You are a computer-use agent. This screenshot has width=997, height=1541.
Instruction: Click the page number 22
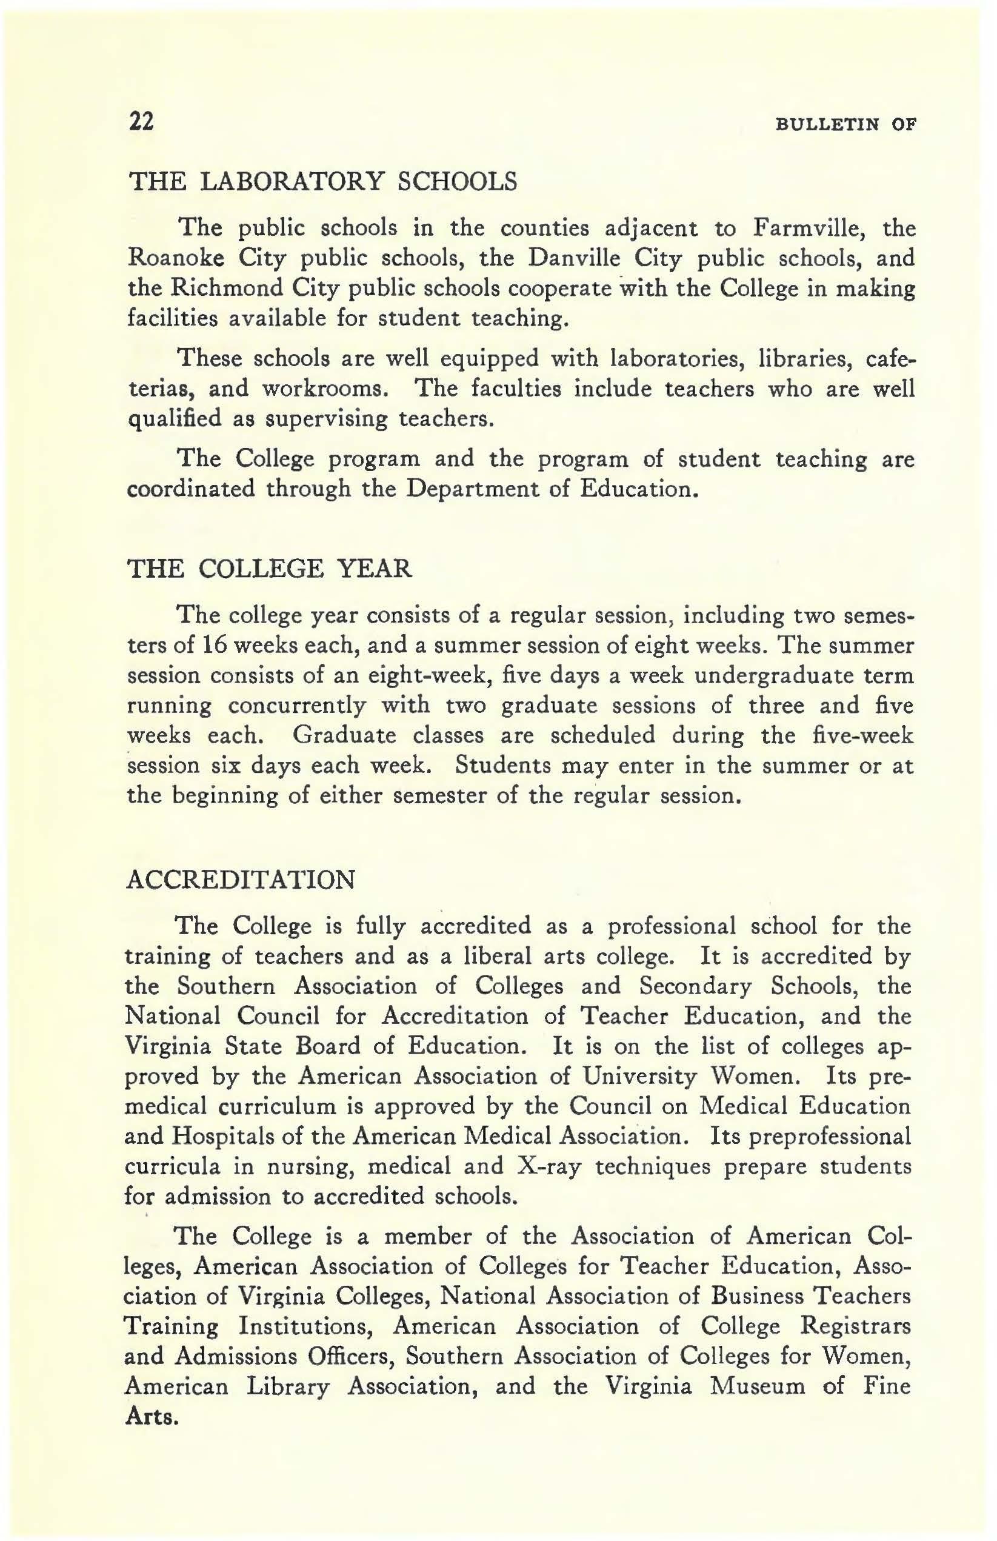(142, 121)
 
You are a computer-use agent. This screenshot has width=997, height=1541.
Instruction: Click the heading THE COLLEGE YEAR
(270, 569)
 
